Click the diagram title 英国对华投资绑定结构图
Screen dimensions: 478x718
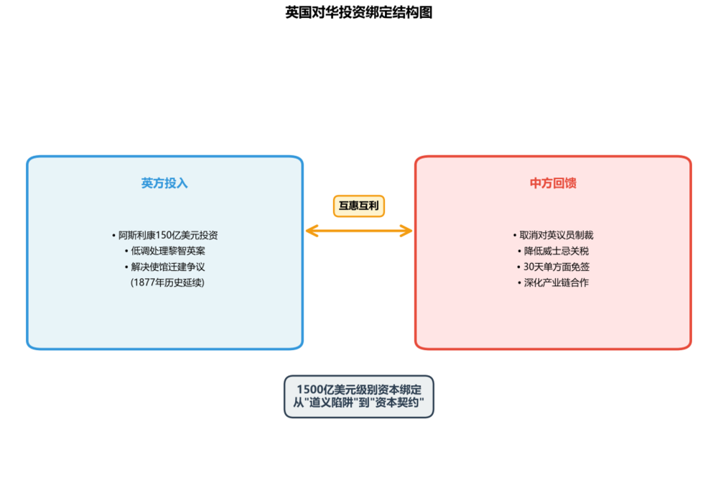pyautogui.click(x=358, y=12)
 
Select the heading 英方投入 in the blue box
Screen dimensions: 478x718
pyautogui.click(x=164, y=183)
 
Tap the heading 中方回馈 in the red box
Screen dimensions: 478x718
pyautogui.click(x=553, y=183)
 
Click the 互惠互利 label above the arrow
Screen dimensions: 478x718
pyautogui.click(x=359, y=206)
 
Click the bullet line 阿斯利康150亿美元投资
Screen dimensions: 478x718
pyautogui.click(x=165, y=235)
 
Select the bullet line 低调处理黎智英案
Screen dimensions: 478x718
pyautogui.click(x=165, y=251)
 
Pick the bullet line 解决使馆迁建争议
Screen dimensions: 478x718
pyautogui.click(x=165, y=267)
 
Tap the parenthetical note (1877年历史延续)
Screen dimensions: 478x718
pyautogui.click(x=167, y=282)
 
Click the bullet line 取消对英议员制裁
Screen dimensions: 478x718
pyautogui.click(x=553, y=235)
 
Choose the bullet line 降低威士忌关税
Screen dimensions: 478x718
pyautogui.click(x=553, y=251)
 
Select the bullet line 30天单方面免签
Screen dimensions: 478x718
pyautogui.click(x=553, y=267)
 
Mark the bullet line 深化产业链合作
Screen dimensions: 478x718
pyautogui.click(x=553, y=282)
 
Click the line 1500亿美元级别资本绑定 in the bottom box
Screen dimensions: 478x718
pyautogui.click(x=359, y=389)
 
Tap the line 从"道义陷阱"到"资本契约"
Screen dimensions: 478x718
pyautogui.click(x=359, y=403)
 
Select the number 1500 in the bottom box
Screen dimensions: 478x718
pyautogui.click(x=310, y=389)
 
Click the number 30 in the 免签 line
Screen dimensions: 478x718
pyautogui.click(x=529, y=267)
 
